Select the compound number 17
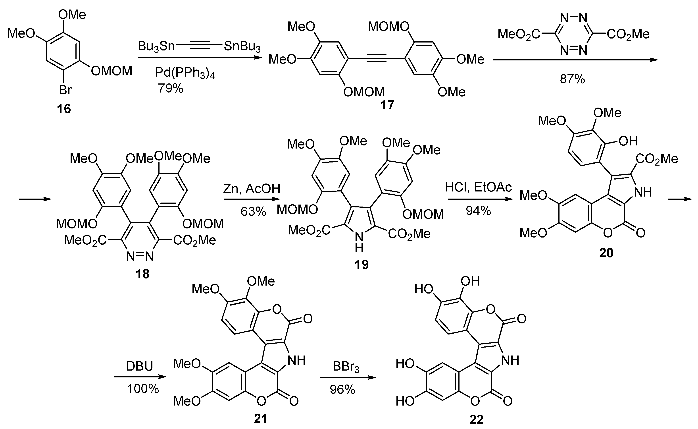tap(387, 105)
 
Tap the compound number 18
tap(142, 274)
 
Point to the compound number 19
tap(361, 265)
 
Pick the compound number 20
tap(606, 253)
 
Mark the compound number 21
tap(260, 419)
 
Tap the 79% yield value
tap(171, 88)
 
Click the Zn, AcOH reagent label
tap(252, 189)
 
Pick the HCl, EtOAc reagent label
tap(478, 187)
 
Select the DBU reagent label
tap(139, 366)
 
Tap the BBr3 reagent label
tap(346, 367)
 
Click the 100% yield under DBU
tap(143, 388)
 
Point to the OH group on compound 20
tap(628, 141)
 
